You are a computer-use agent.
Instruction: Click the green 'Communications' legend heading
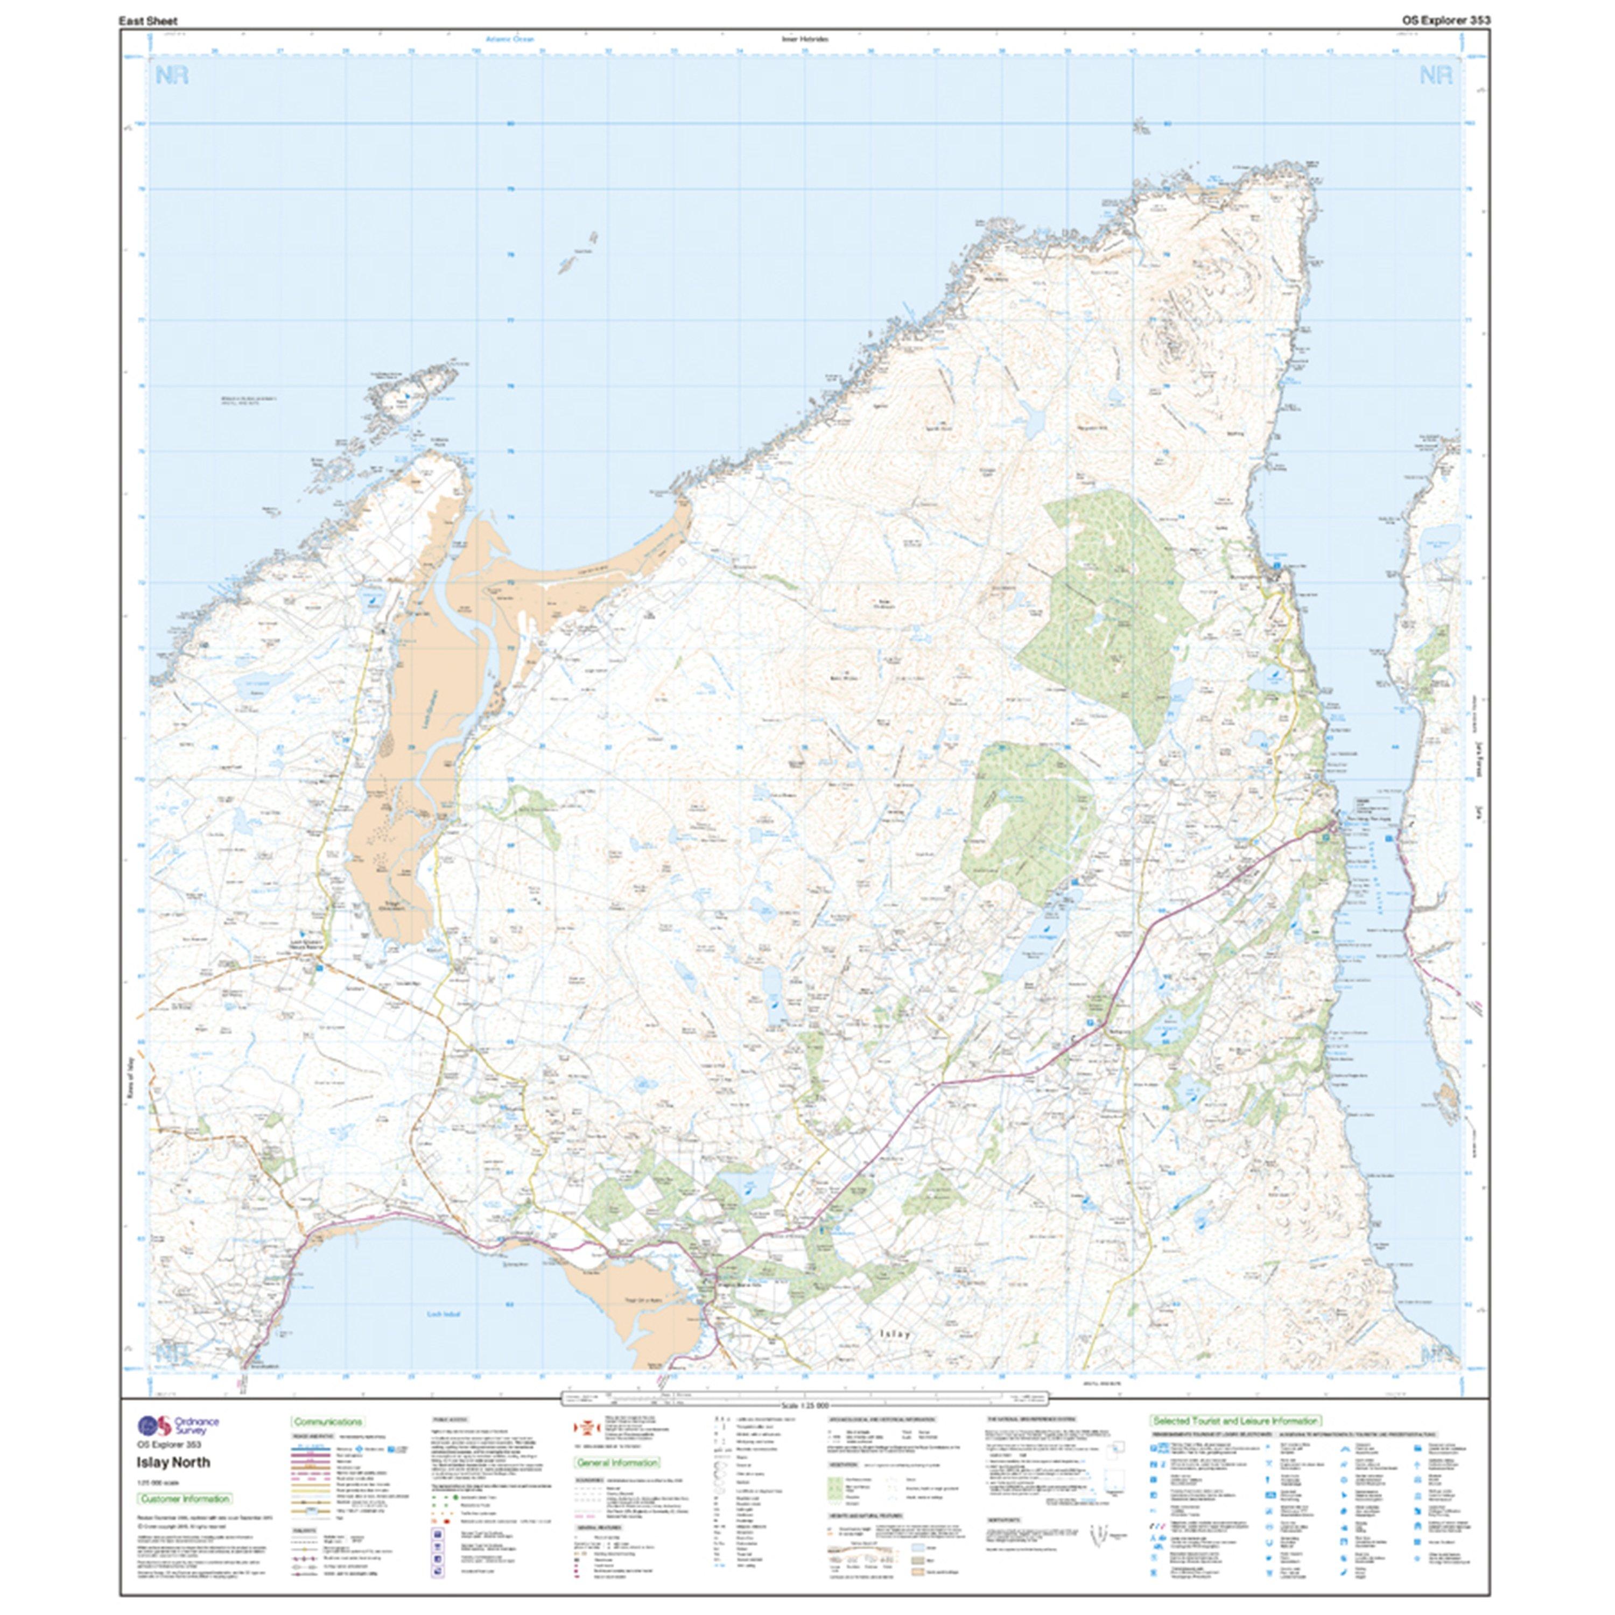(x=328, y=1421)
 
